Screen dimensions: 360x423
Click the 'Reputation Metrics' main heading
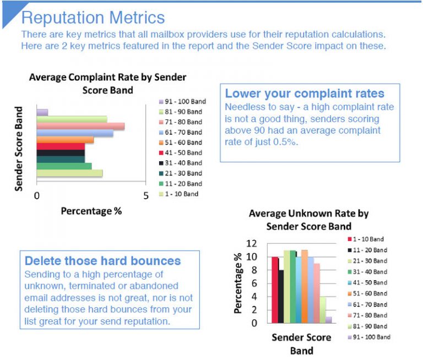tap(93, 18)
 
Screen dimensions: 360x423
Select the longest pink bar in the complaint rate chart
tap(80, 126)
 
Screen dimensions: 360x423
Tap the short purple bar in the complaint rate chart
tap(42, 112)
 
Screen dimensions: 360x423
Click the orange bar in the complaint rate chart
tap(65, 140)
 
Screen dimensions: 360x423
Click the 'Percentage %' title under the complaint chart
tap(91, 211)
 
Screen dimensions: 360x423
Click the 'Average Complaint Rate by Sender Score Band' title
tap(107, 83)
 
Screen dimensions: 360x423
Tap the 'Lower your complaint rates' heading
tap(305, 94)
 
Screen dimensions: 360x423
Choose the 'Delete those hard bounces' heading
tap(103, 260)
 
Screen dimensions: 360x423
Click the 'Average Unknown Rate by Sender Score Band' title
tap(308, 220)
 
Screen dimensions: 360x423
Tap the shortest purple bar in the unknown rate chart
tap(329, 319)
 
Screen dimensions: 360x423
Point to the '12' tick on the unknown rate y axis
tap(252, 243)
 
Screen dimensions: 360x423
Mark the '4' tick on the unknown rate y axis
tap(254, 297)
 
